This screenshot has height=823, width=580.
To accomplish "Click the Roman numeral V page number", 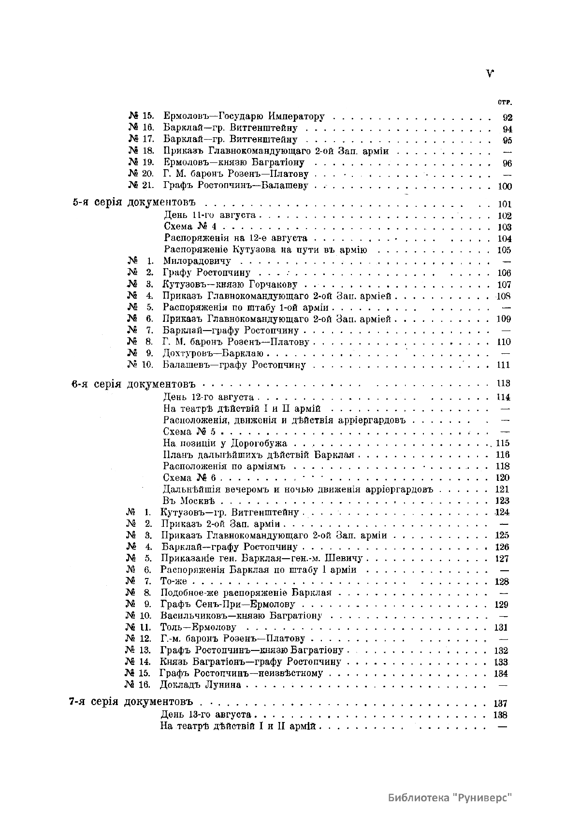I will point(490,74).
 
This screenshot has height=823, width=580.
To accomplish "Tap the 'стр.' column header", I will point(505,102).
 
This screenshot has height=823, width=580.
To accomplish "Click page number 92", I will point(507,117).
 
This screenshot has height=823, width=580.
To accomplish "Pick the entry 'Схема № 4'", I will point(192,227).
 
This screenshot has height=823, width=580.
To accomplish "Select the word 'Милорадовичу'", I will point(197,261).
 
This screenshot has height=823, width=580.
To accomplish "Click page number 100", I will point(505,187).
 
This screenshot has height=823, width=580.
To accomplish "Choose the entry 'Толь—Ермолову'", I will point(198,628).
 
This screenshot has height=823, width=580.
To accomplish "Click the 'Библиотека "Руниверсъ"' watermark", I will point(450,797).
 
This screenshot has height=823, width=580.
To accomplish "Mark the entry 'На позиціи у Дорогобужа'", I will point(225,443).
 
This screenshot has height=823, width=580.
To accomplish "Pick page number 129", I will point(502,605).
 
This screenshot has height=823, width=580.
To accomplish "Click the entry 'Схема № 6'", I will point(189,478).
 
